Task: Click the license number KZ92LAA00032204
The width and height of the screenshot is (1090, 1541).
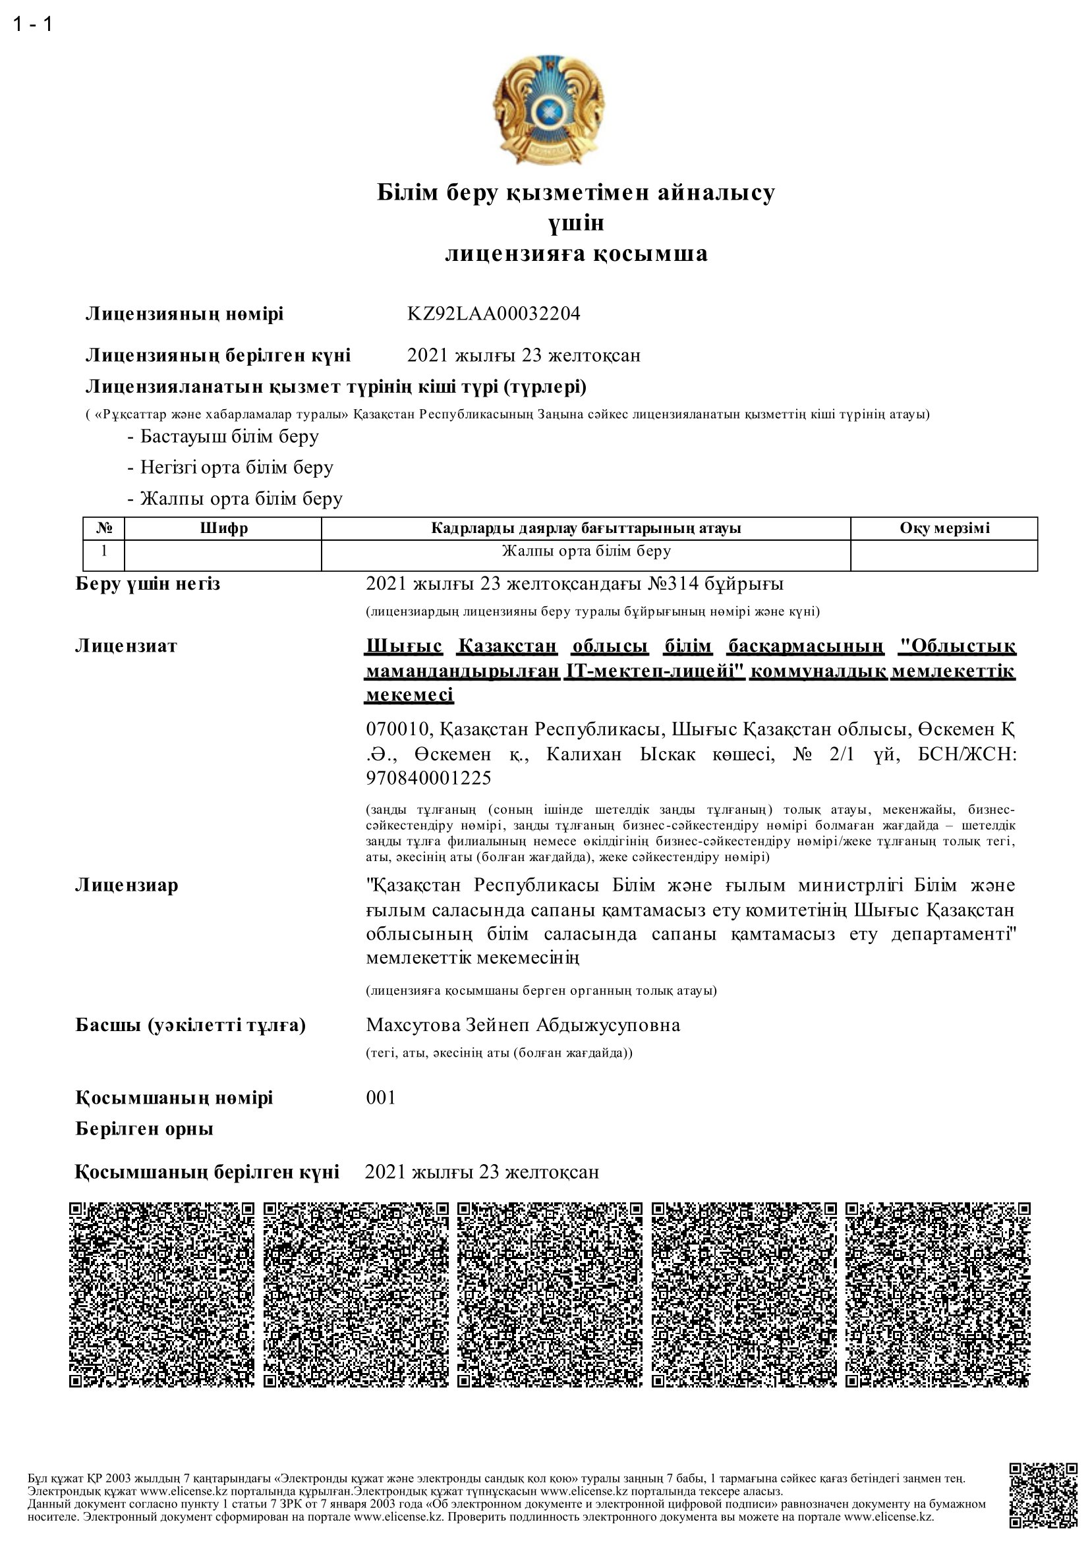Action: (x=494, y=314)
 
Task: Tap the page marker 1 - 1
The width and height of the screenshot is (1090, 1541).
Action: (x=33, y=25)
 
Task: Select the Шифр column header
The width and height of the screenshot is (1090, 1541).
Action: (x=223, y=528)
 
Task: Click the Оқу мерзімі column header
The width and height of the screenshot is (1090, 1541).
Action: (x=944, y=528)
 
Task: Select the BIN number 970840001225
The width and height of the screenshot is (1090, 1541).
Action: (x=429, y=778)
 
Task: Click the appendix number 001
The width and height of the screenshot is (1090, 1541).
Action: (x=380, y=1098)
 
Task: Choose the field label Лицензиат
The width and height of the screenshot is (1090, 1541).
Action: (x=126, y=646)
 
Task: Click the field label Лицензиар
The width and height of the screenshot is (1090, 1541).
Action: (x=126, y=885)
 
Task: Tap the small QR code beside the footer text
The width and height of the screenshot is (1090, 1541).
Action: (x=1043, y=1504)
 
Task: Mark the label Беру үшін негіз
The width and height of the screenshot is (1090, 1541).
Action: (x=148, y=584)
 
